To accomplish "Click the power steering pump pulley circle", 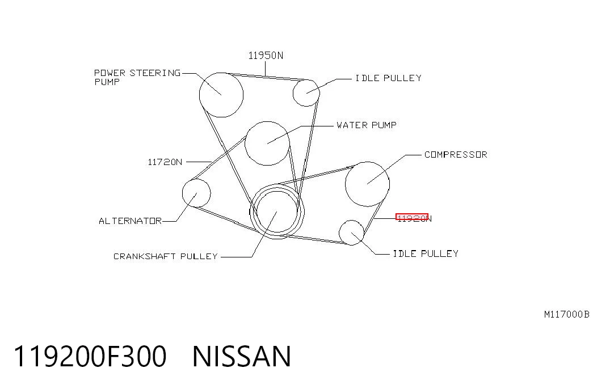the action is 200,95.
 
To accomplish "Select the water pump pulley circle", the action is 246,143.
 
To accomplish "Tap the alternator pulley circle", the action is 183,193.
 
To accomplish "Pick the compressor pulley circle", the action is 346,184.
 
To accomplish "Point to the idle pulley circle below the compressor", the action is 339,233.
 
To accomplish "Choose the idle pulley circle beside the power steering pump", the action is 293,92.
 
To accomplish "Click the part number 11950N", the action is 266,56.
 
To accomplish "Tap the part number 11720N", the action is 165,162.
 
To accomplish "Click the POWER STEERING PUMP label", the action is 137,78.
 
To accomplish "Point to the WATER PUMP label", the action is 367,125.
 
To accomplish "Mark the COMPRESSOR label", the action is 456,155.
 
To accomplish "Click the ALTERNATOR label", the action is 130,221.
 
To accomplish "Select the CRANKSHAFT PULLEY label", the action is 166,256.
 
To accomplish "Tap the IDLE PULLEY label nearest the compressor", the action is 426,253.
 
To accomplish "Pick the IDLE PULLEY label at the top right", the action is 388,78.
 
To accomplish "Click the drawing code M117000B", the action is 566,314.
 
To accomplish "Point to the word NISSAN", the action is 242,356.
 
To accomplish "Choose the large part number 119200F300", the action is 90,356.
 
